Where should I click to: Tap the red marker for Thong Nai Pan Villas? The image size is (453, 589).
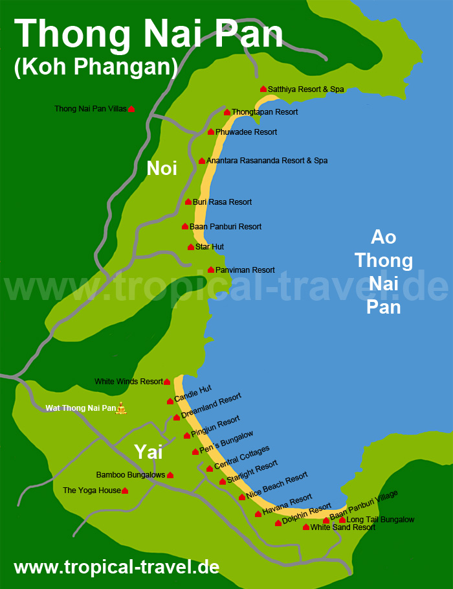pos(131,110)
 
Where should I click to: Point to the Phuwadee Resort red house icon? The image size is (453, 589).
pos(211,132)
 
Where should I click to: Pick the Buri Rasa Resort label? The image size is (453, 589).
pos(222,202)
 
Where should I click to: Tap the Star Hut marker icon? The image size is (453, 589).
pos(191,247)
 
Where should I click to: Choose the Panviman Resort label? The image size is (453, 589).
pos(245,270)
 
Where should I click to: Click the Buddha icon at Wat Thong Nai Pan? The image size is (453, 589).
pos(121,408)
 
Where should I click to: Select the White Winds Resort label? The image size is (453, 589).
pos(129,382)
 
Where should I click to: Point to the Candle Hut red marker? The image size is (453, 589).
pos(170,401)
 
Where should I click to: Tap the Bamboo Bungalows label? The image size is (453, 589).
pos(131,475)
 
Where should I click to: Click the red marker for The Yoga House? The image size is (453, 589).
pos(125,491)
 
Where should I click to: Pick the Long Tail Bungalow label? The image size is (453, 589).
pos(381,520)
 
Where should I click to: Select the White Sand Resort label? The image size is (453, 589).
pos(343,527)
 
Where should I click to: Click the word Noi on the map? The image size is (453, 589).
pos(162,168)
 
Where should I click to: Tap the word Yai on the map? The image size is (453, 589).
pos(148,452)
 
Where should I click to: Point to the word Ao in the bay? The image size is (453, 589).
pos(383,237)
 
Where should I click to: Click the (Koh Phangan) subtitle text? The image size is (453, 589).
pos(96,67)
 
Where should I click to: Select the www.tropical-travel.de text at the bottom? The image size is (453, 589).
pos(116,567)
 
